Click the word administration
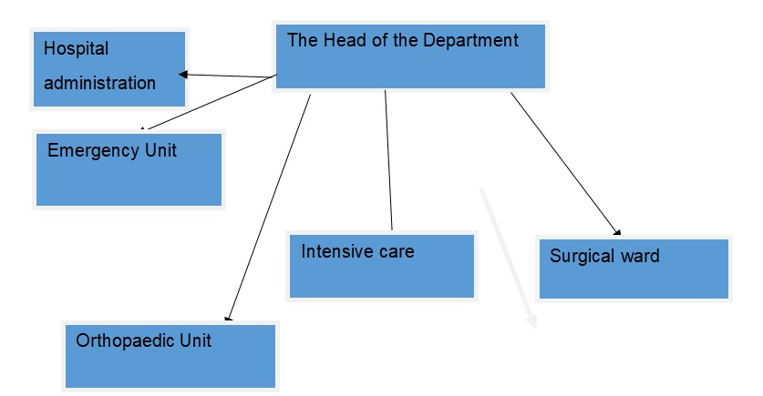click(99, 83)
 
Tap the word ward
click(638, 256)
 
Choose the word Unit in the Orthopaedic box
click(194, 340)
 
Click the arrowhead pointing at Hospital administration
click(183, 75)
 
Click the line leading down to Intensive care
click(388, 159)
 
